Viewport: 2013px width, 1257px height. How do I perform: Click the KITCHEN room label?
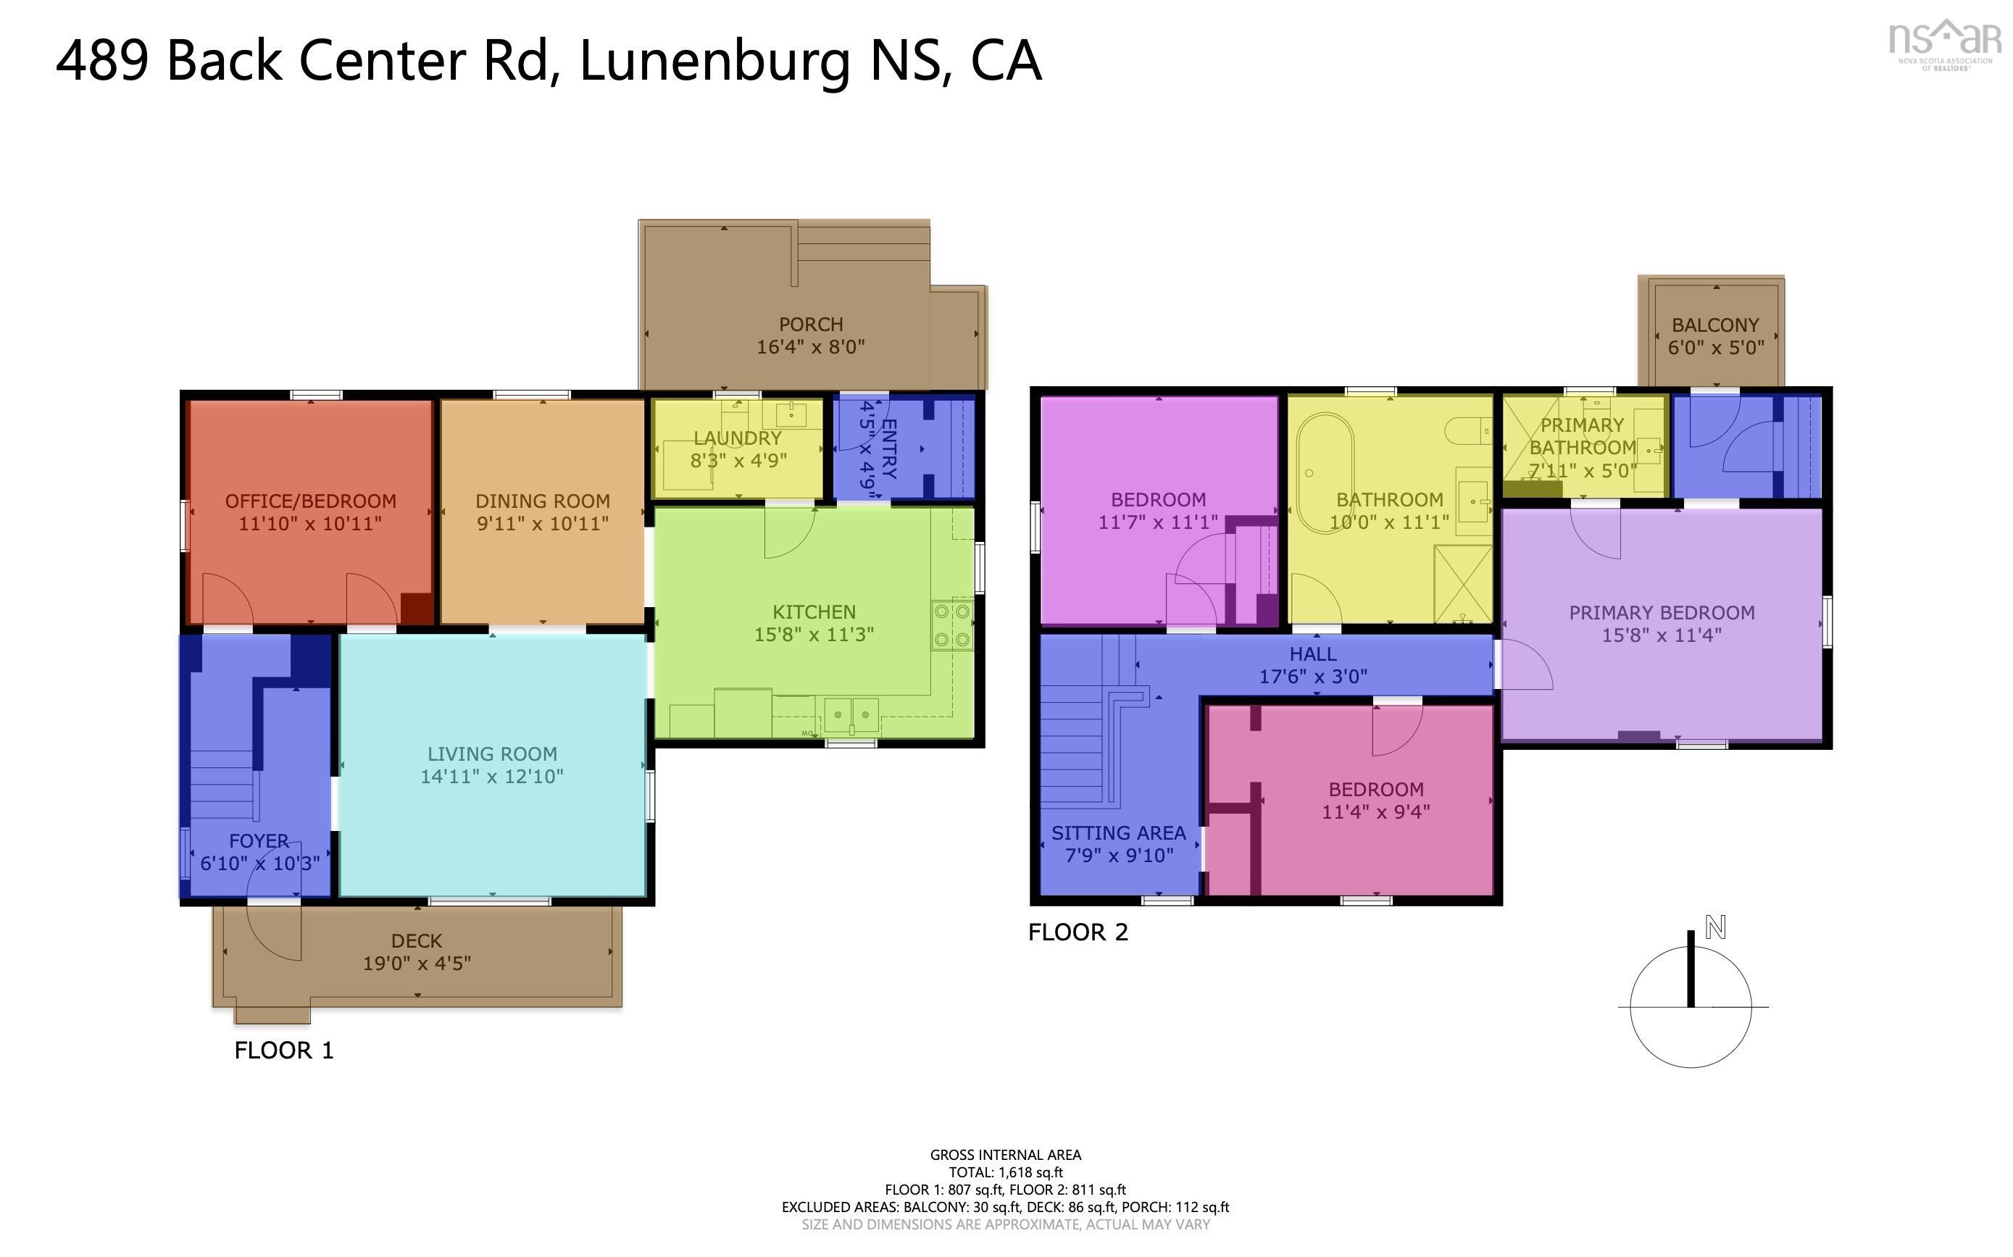pos(813,612)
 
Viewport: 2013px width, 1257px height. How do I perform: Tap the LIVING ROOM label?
pos(491,754)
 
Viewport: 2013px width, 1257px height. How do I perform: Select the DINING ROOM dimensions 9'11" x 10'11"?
pos(542,524)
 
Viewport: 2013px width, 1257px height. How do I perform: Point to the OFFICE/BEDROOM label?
pos(310,501)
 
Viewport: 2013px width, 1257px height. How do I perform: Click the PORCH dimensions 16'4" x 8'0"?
pos(810,347)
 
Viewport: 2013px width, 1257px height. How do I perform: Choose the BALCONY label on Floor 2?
pos(1715,325)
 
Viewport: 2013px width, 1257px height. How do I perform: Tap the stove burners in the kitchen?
pos(953,625)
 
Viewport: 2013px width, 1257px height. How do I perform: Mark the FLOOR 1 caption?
pos(283,1050)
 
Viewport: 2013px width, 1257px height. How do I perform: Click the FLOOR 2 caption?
pos(1078,932)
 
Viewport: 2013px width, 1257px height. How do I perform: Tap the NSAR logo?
pos(1944,45)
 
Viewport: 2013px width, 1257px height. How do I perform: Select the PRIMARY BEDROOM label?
pos(1662,613)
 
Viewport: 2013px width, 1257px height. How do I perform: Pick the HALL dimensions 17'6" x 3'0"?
pos(1312,677)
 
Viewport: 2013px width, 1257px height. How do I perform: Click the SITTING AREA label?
pos(1118,833)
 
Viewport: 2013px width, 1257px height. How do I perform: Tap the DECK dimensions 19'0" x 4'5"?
pos(417,964)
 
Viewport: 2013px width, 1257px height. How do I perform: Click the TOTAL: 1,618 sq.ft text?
pos(1005,1172)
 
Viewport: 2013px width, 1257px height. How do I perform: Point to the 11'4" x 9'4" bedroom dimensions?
pos(1375,811)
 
